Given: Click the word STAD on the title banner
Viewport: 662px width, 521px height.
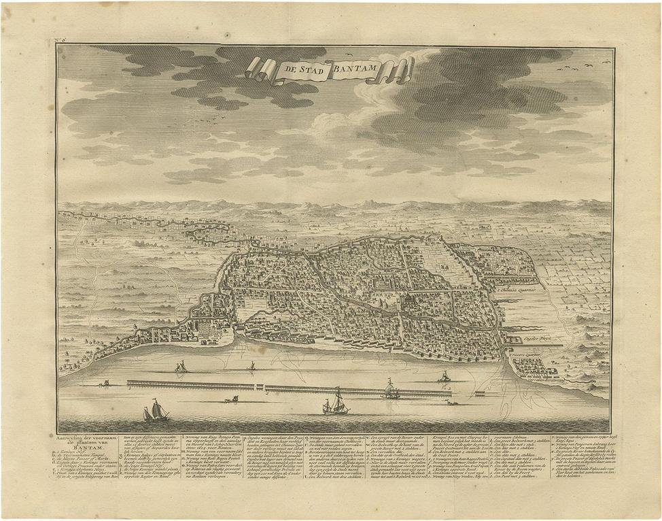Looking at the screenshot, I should (311, 69).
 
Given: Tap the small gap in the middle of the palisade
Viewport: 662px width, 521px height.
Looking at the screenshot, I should (263, 388).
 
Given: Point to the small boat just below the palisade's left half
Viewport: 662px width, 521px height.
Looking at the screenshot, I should (230, 399).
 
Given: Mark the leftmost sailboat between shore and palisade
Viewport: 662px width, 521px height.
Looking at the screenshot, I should (181, 367).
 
